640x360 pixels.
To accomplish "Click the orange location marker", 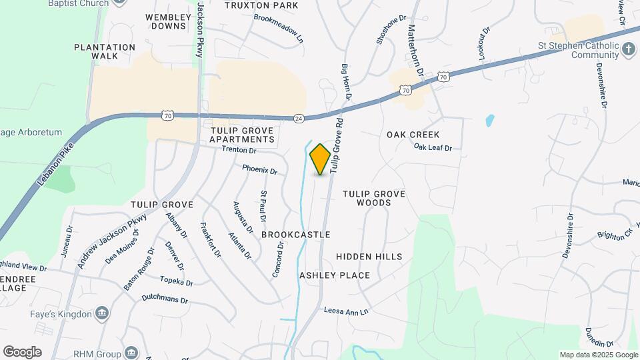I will coord(321,159).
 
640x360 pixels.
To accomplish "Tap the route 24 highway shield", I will coord(299,118).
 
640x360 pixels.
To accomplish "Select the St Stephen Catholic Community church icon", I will coord(628,49).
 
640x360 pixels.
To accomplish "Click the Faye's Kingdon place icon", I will coord(102,312).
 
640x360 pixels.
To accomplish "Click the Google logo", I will coord(22,352).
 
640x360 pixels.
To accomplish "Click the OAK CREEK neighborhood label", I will coord(413,135).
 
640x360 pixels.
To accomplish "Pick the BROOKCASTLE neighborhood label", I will coord(296,235).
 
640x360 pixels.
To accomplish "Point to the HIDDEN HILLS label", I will coord(369,257).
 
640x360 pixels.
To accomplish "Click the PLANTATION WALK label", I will coord(105,51).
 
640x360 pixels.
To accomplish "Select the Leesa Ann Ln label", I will coord(345,311).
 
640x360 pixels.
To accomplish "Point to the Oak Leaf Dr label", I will coord(433,147).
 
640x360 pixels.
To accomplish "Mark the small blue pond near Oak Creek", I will coord(490,121).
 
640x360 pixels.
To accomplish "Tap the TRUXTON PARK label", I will coord(251,5).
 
